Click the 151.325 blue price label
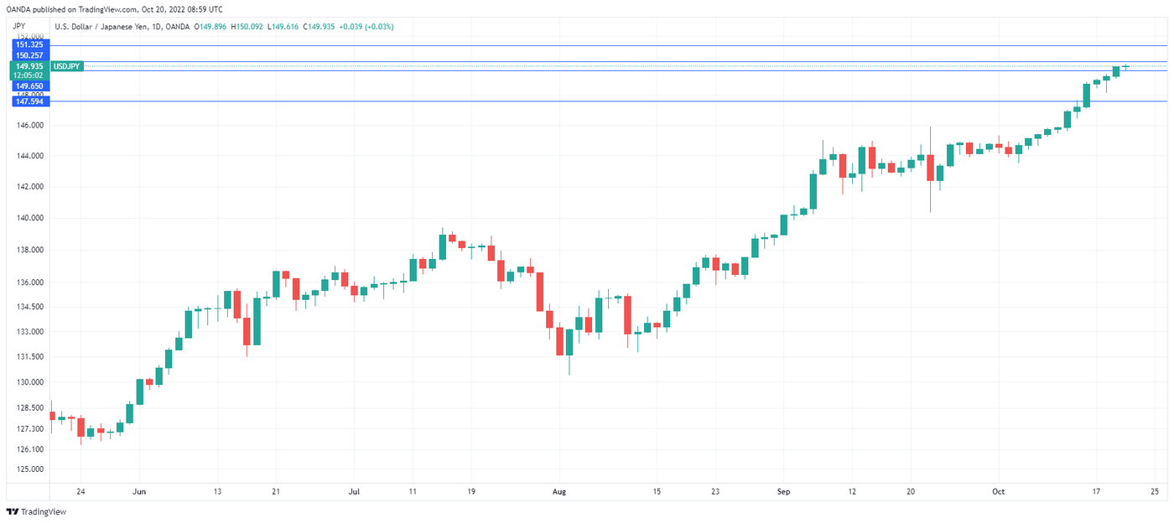coord(29,44)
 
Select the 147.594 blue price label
coord(29,101)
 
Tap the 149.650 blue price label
coord(29,85)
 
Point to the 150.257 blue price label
coord(29,55)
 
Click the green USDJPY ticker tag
coord(66,65)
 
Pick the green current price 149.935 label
coord(29,65)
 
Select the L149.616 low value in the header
coord(285,27)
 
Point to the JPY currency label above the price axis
coord(19,26)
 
